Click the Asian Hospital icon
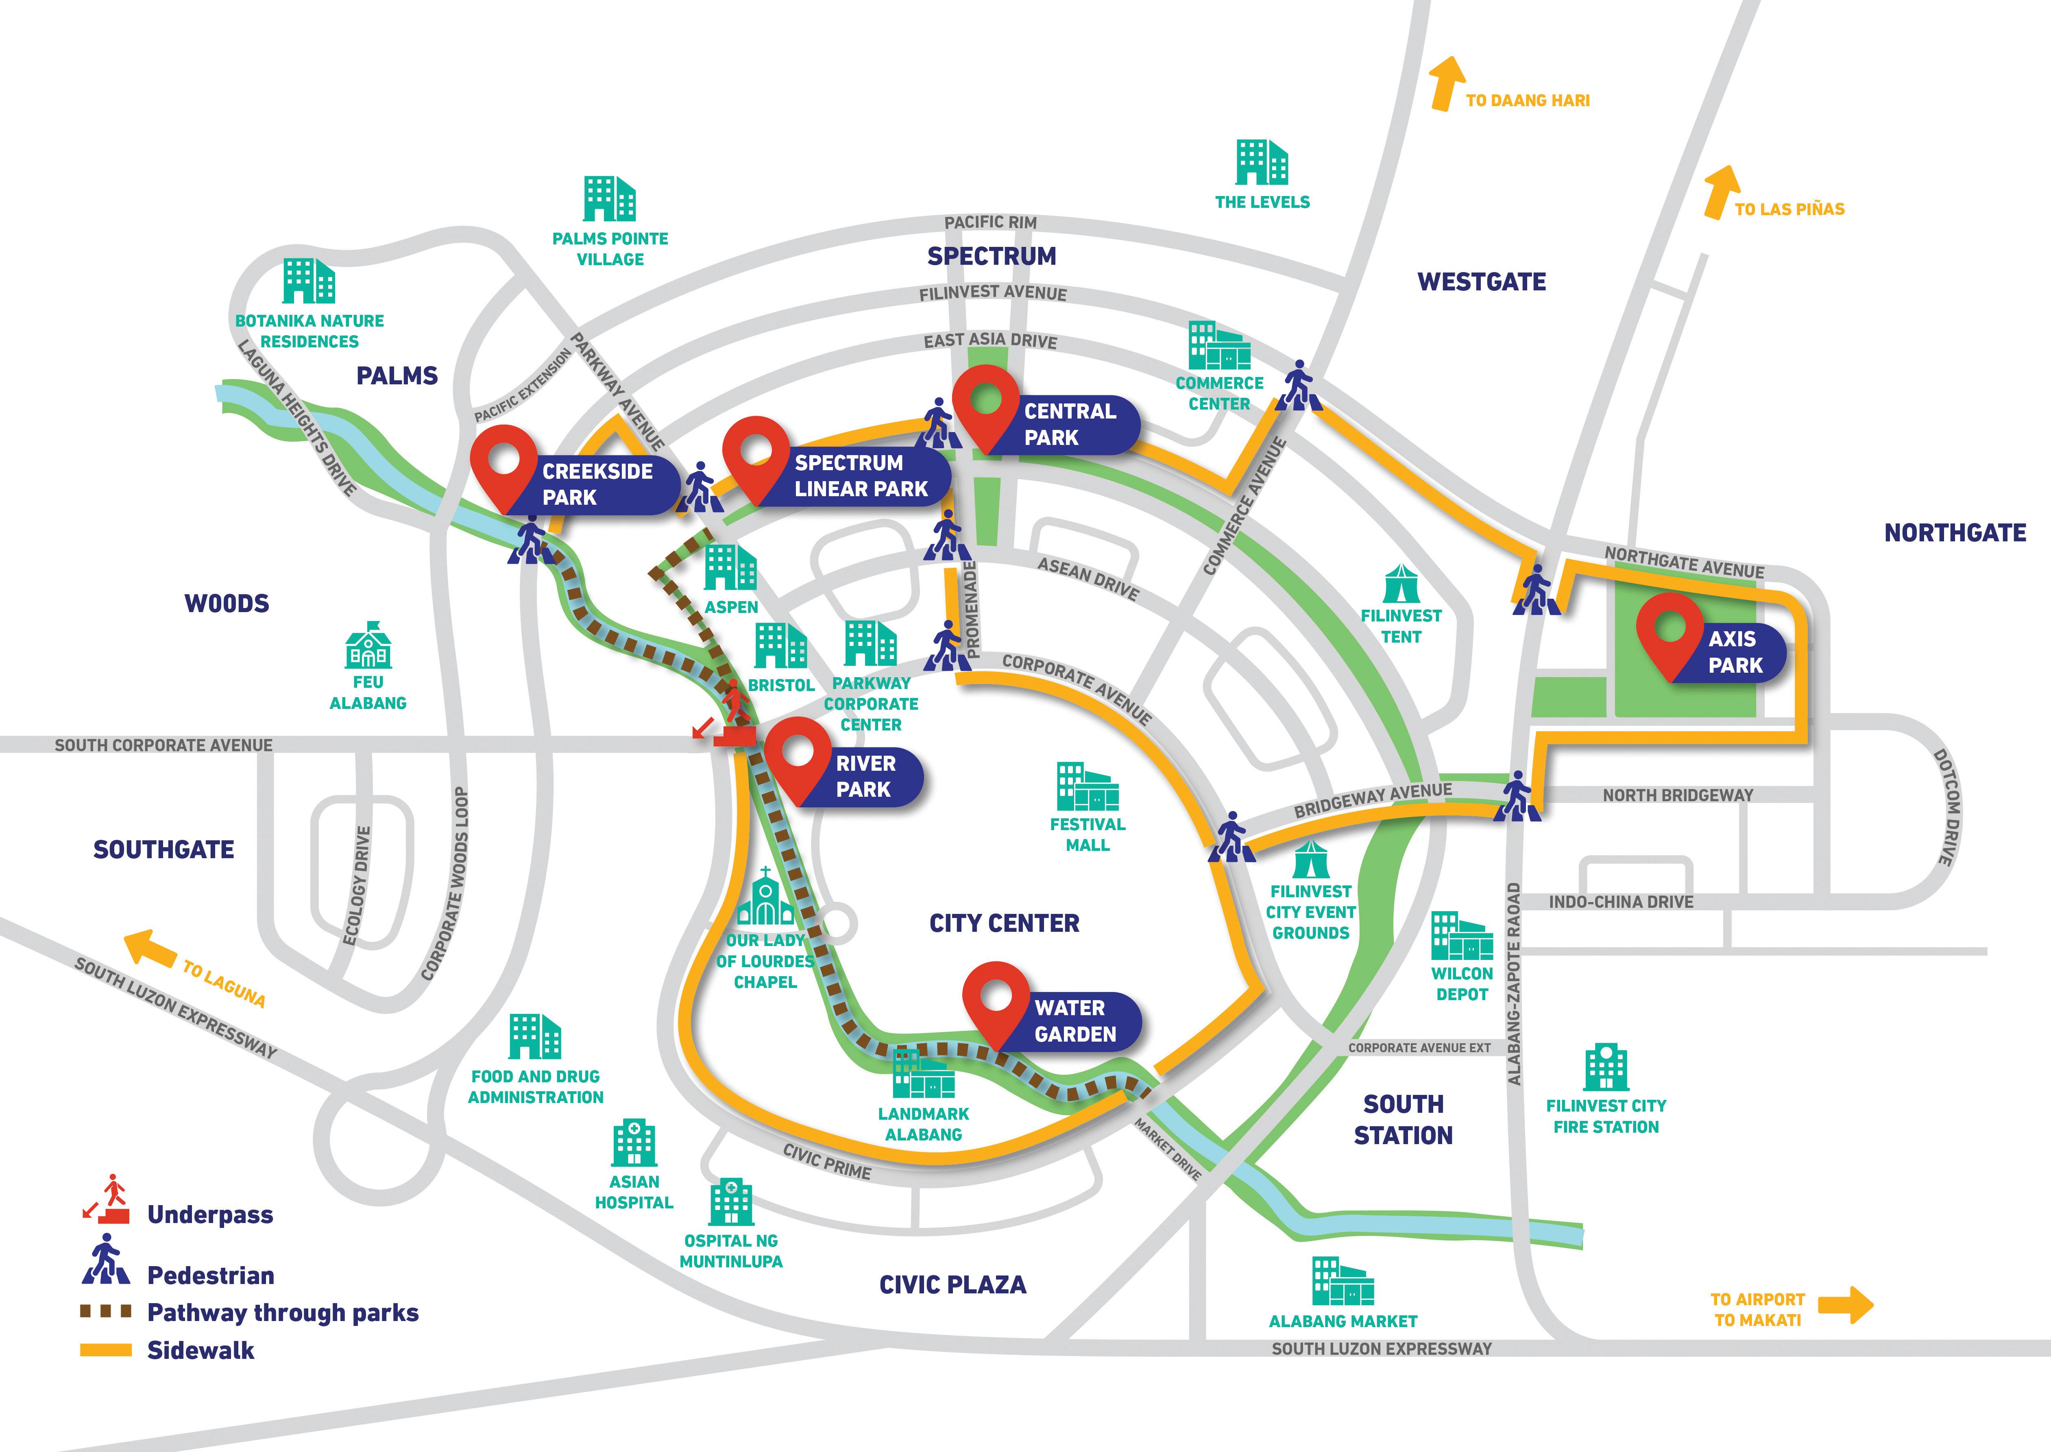tap(634, 1142)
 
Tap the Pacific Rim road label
tap(991, 222)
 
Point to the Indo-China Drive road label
tap(1621, 902)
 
